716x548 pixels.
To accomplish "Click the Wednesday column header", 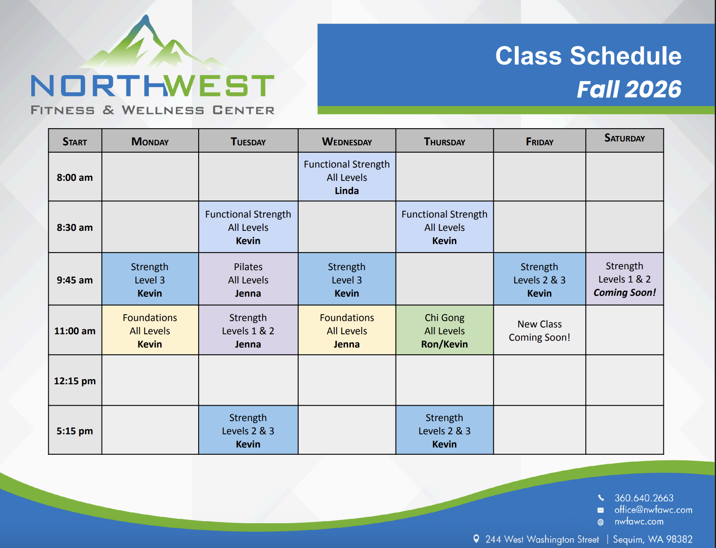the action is click(347, 141).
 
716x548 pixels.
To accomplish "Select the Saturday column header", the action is click(624, 138).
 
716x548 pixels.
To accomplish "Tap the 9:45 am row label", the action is click(75, 280).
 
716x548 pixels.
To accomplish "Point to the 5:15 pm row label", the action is click(75, 431).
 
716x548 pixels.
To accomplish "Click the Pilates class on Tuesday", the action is click(248, 280).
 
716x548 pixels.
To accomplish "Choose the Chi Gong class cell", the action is click(444, 330).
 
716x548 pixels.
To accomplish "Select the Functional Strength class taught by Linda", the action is click(347, 177).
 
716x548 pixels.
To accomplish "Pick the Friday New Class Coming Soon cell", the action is click(539, 330).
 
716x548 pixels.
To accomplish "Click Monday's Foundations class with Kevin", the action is click(150, 330).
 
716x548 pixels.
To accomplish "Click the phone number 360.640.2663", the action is click(643, 498).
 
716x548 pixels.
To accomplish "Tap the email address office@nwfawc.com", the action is click(653, 510).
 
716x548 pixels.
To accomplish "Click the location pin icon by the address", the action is click(476, 539).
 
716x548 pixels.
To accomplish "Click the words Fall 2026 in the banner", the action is click(629, 89).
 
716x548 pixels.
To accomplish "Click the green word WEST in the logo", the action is click(219, 85).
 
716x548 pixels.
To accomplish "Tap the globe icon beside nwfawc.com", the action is click(601, 522).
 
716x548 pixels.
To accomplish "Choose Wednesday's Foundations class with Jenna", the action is click(347, 330).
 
